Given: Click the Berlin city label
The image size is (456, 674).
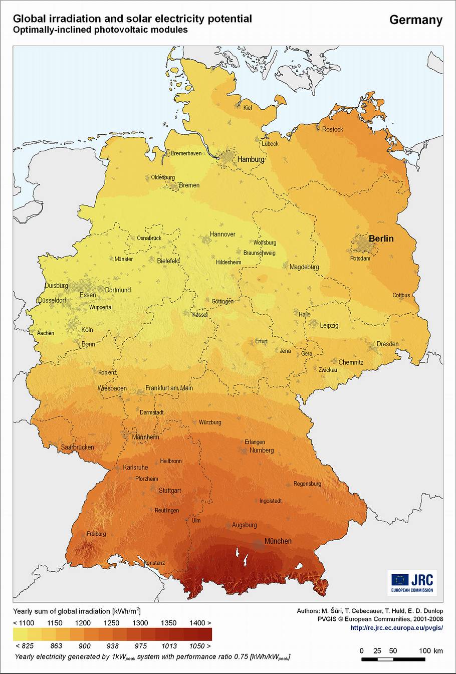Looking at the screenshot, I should point(381,239).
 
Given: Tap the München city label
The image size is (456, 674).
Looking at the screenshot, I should point(278,541).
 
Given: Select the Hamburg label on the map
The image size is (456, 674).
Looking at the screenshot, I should point(251,159).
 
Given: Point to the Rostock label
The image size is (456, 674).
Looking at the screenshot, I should point(332,129).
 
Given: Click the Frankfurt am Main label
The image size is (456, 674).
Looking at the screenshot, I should point(169,388).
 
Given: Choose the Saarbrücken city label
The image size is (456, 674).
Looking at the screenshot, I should point(77,447).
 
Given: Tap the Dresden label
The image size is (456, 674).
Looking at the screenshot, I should point(387,344).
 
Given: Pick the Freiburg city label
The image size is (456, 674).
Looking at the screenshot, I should point(96,534).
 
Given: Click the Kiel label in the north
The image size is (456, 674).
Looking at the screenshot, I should point(248,107).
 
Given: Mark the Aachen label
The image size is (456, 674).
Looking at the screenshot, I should point(46,333).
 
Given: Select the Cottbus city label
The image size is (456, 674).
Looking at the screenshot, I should point(401,295).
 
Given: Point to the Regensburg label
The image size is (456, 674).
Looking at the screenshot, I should point(307,484).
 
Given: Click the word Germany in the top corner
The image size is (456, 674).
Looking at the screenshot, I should point(415,20).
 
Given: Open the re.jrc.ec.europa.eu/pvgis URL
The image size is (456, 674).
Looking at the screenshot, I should point(396,627).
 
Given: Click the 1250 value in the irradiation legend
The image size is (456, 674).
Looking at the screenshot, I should point(112,623).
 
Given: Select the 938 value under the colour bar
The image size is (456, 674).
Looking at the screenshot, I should point(112,646).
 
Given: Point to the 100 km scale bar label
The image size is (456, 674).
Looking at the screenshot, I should point(431,650).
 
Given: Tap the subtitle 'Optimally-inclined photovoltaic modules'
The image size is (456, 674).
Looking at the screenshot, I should point(100,30).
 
